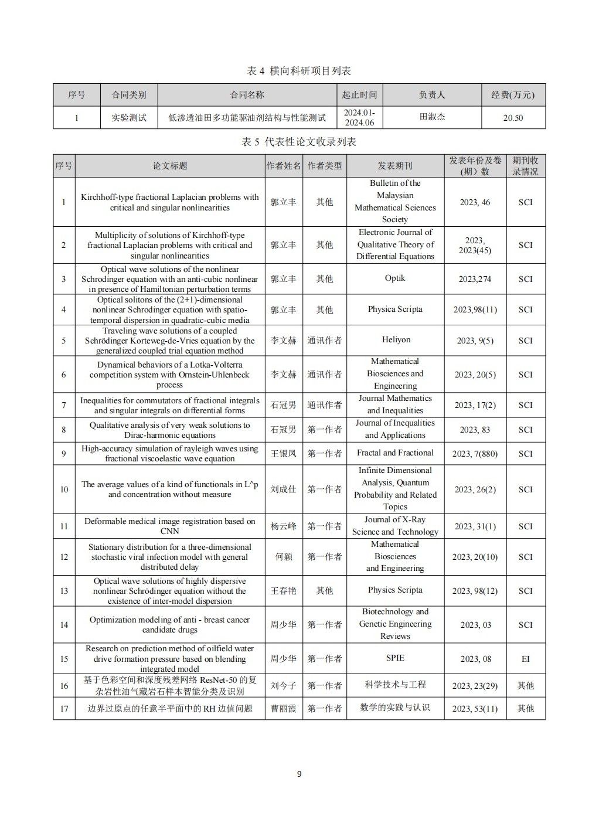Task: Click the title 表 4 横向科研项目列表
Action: point(299,71)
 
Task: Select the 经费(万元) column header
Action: point(512,94)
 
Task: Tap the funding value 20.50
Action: point(513,118)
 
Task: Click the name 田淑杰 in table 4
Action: point(432,117)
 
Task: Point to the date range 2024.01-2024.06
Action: point(359,117)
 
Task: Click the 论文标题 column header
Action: point(170,166)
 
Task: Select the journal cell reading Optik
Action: point(395,278)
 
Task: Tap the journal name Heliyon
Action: point(396,340)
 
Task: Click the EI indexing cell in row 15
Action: point(525,659)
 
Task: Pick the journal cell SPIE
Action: point(395,658)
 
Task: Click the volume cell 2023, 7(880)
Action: point(475,454)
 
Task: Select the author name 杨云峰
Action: point(283,526)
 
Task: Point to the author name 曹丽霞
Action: point(283,709)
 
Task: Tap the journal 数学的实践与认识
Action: point(395,708)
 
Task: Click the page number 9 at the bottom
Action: point(299,774)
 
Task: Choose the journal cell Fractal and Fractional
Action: point(395,453)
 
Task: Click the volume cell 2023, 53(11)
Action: point(475,709)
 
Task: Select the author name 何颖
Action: point(283,557)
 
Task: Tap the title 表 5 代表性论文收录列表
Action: point(299,142)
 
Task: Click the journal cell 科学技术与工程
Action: point(395,685)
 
